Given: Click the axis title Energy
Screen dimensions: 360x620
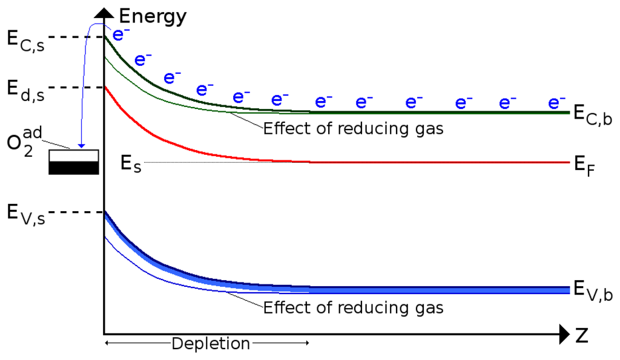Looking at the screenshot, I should [153, 16].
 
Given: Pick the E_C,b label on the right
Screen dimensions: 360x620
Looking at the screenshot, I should [593, 115].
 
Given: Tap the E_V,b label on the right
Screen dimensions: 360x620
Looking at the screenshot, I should [593, 290].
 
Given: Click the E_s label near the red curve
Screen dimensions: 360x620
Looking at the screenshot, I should [131, 163].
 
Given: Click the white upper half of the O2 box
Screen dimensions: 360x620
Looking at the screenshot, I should [73, 155].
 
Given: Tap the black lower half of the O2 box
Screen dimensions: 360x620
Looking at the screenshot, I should [73, 168].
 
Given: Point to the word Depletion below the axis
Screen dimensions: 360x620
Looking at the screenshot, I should [211, 344].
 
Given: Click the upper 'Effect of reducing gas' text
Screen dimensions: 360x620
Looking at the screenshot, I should [354, 128].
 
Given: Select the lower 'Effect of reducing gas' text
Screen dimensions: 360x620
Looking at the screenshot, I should [354, 307].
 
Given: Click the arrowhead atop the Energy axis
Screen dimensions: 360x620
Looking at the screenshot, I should [104, 12].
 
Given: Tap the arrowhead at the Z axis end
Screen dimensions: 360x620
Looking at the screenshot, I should [564, 333].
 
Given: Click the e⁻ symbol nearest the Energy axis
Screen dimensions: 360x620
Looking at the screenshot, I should [121, 34].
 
